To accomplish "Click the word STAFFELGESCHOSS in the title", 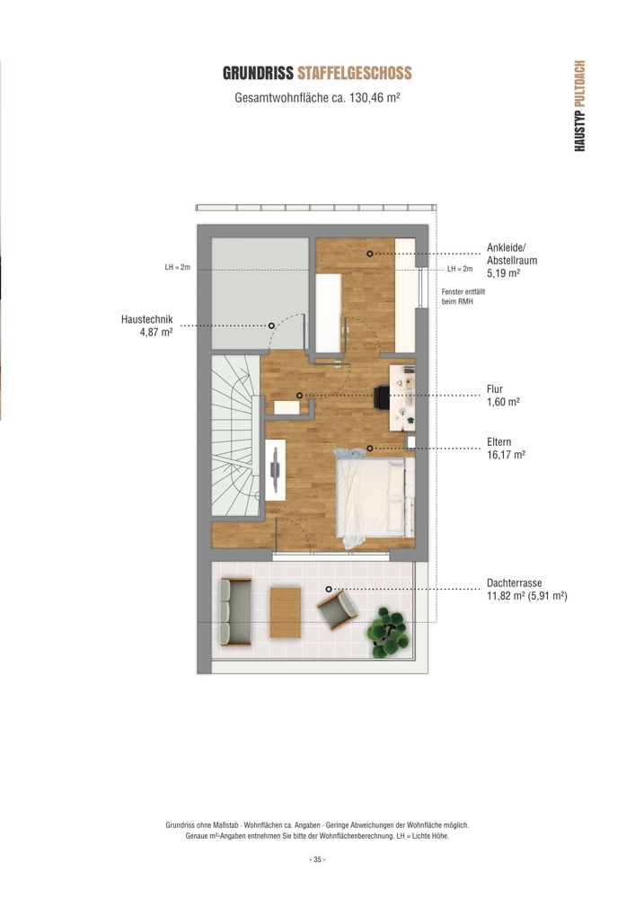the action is pos(355,74).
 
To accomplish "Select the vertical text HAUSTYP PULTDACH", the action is pos(579,105).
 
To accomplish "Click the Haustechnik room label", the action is pos(146,319).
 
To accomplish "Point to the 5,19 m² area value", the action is pos(503,273).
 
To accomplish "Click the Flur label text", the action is pos(495,389).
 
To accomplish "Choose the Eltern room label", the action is pos(498,442).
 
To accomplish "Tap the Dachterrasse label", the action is pos(514,583).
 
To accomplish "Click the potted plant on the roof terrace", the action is pos(389,633).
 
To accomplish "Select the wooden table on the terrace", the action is pos(286,613).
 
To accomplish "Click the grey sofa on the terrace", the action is pos(235,612).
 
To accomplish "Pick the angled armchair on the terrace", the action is pos(338,610).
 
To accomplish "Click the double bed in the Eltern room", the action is pos(375,498).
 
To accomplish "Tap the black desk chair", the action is pos(382,396).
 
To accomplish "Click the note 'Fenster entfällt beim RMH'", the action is pos(463,297).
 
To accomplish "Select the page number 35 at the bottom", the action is pos(317,859).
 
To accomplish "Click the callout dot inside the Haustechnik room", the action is pos(271,325).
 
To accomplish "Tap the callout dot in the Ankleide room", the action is pos(370,254).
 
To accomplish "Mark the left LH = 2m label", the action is pos(178,268).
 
